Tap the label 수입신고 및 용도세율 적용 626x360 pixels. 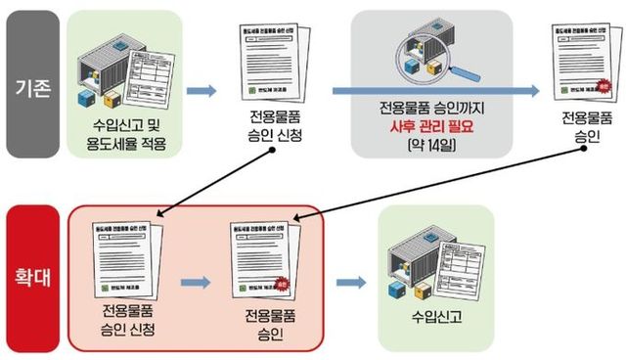click(126, 137)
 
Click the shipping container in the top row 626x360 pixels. click(126, 67)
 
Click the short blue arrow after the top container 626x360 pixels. click(201, 91)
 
